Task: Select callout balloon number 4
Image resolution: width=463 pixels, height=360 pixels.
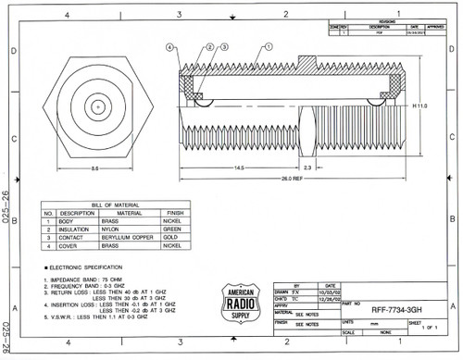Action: (x=170, y=45)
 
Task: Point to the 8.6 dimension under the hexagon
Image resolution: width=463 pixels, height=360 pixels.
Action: (x=95, y=168)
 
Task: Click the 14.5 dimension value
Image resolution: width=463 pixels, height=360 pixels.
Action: (x=239, y=168)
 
